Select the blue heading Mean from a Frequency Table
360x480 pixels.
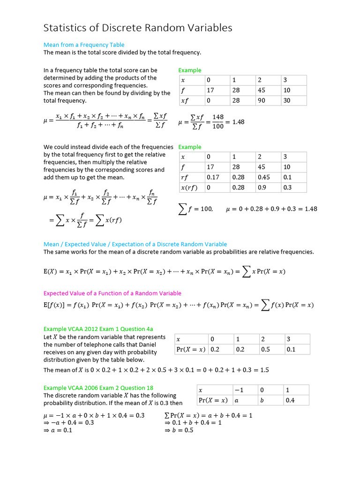pyautogui.click(x=84, y=45)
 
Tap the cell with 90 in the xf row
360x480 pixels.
pyautogui.click(x=262, y=101)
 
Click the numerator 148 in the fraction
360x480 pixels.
pyautogui.click(x=218, y=117)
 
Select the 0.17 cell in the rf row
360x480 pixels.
pyautogui.click(x=213, y=177)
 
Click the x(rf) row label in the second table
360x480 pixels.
pyautogui.click(x=189, y=187)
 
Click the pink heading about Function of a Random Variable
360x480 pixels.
pyautogui.click(x=112, y=293)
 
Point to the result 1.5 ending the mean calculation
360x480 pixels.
pyautogui.click(x=264, y=370)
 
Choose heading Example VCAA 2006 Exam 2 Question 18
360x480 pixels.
pyautogui.click(x=98, y=388)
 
